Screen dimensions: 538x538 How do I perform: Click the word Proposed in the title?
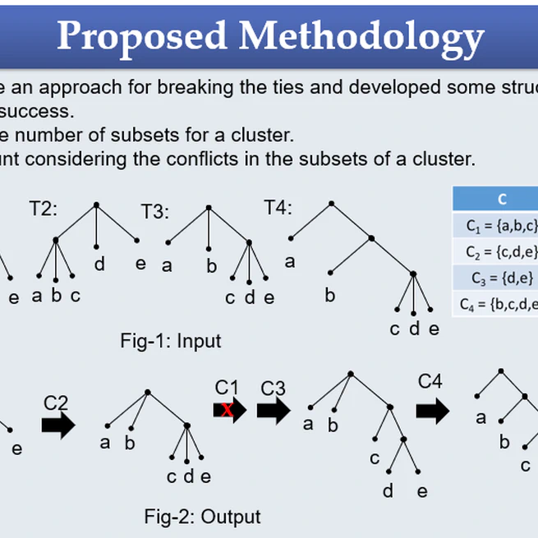[140, 36]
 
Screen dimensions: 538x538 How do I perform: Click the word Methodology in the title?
[362, 36]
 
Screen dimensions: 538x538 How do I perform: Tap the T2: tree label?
[44, 208]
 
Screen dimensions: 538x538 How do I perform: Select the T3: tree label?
[154, 212]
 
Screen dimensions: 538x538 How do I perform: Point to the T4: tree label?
[278, 208]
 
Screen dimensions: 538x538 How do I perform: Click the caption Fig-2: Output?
[202, 517]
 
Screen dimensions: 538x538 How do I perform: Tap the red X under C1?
[226, 409]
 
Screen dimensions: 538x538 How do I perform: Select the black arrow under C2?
[57, 426]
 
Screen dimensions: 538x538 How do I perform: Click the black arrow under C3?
[274, 409]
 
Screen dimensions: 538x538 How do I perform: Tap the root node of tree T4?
[332, 202]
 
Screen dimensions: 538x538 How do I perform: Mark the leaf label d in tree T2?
[99, 264]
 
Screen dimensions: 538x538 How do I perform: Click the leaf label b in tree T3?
[211, 266]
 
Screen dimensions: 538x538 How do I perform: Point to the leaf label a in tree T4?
[290, 262]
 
